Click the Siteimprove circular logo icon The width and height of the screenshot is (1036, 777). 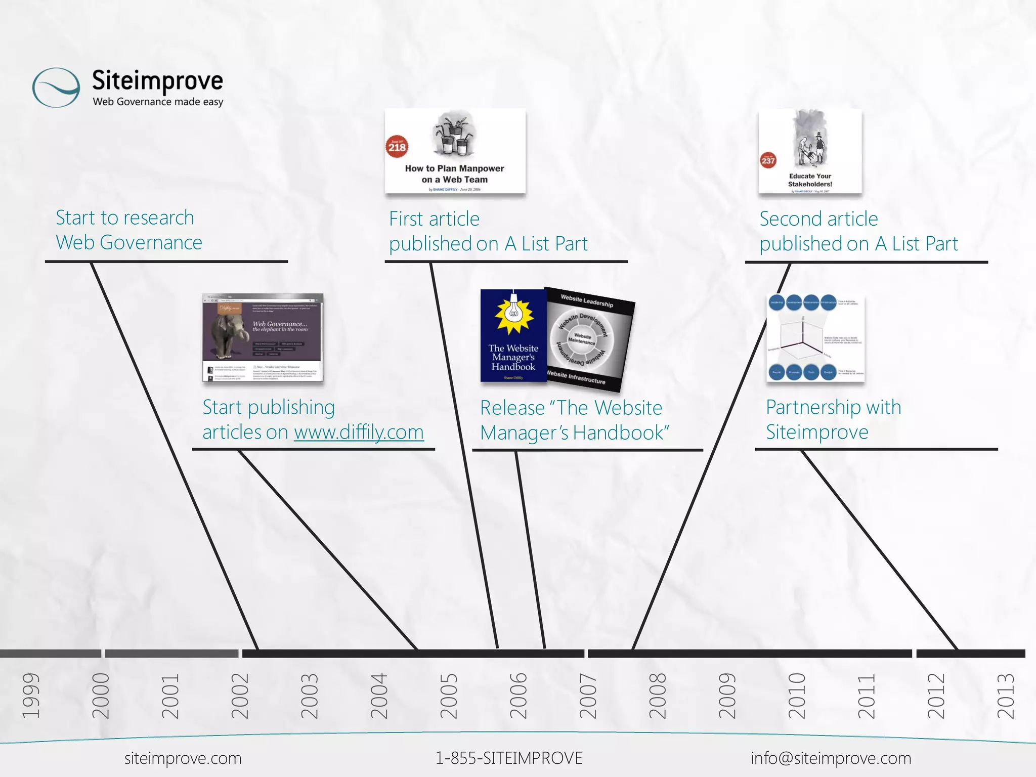pyautogui.click(x=56, y=88)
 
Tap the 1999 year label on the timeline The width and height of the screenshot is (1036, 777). pyautogui.click(x=31, y=696)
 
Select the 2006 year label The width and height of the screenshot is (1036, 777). pyautogui.click(x=518, y=696)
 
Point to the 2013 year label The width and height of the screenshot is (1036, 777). pyautogui.click(x=1006, y=696)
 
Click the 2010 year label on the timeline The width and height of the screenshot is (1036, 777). pyautogui.click(x=797, y=696)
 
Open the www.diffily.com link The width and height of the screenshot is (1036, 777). pyautogui.click(x=359, y=433)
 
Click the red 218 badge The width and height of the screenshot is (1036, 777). pyautogui.click(x=397, y=147)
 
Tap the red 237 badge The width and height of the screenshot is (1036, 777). pyautogui.click(x=768, y=161)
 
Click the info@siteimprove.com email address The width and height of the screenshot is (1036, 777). pyautogui.click(x=831, y=758)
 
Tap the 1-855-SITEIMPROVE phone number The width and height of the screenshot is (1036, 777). pyautogui.click(x=509, y=758)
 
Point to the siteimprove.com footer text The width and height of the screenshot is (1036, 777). pyautogui.click(x=183, y=758)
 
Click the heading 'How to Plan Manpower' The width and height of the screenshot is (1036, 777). pyautogui.click(x=454, y=168)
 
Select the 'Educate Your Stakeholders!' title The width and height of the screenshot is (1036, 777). pyautogui.click(x=810, y=180)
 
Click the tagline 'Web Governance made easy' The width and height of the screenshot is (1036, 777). pyautogui.click(x=158, y=102)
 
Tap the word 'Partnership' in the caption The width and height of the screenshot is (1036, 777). pyautogui.click(x=813, y=407)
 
